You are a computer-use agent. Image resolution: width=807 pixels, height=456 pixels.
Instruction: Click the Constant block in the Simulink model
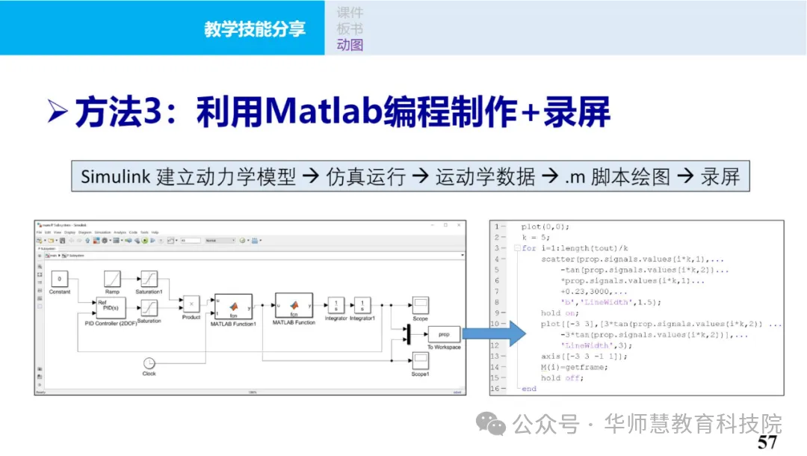coord(60,279)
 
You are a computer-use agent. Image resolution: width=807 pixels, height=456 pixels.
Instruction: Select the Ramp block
coord(112,279)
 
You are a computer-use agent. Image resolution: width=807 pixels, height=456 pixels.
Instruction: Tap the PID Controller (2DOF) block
coord(111,307)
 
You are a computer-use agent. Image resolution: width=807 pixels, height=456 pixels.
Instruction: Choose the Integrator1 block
coord(362,305)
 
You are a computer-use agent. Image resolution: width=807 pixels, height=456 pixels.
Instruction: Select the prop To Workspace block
coord(444,335)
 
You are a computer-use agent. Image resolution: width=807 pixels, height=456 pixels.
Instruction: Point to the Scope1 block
coord(420,361)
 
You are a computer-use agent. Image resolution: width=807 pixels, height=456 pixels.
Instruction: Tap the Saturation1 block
coord(149,279)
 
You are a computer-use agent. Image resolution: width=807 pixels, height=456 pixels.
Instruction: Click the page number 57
coord(767,442)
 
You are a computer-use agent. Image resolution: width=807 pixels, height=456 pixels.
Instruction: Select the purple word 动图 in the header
coord(350,45)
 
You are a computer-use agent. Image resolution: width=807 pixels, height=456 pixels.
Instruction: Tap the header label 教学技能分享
coord(255,29)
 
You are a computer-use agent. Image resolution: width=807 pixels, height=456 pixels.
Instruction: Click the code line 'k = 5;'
coord(537,237)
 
